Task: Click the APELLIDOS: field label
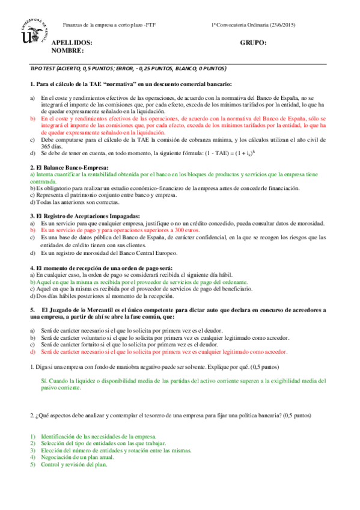tap(72, 43)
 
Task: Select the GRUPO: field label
tap(253, 43)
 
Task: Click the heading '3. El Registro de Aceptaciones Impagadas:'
tap(85, 216)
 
